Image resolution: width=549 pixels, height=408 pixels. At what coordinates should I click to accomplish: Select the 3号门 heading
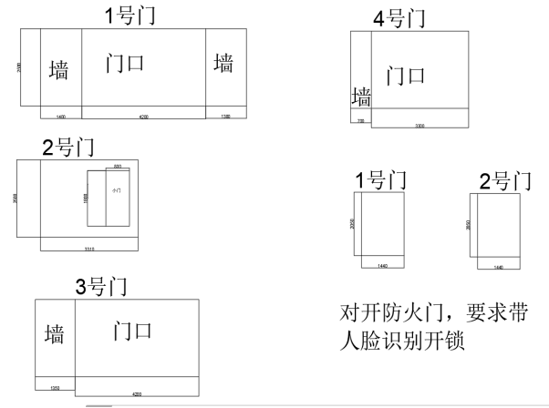[x=101, y=287]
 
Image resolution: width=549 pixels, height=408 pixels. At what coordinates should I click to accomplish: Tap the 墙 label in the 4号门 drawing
[x=361, y=97]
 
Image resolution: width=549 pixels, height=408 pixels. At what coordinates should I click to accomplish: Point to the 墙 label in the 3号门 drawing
[x=55, y=333]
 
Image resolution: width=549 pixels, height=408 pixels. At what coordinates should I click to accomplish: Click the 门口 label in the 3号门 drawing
[x=131, y=330]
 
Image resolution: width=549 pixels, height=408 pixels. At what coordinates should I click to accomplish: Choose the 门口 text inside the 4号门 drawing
[x=406, y=75]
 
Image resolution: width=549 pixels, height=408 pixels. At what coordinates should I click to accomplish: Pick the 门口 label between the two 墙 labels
[x=125, y=64]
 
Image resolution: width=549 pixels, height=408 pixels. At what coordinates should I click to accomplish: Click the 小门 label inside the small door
[x=116, y=191]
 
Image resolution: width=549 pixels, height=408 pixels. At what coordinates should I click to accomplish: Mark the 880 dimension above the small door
[x=118, y=167]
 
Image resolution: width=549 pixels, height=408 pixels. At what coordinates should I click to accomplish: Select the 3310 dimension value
[x=90, y=248]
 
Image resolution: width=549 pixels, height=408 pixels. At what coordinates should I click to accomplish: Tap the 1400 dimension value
[x=61, y=117]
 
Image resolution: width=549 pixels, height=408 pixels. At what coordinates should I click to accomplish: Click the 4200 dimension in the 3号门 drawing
[x=137, y=394]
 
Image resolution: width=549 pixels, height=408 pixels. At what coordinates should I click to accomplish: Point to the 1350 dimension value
[x=55, y=388]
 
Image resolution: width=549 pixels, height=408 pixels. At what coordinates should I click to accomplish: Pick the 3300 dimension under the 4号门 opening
[x=419, y=125]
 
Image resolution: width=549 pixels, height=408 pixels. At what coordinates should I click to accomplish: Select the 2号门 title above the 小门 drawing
[x=68, y=147]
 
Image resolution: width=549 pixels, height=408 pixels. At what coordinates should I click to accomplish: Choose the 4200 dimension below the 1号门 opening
[x=143, y=117]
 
